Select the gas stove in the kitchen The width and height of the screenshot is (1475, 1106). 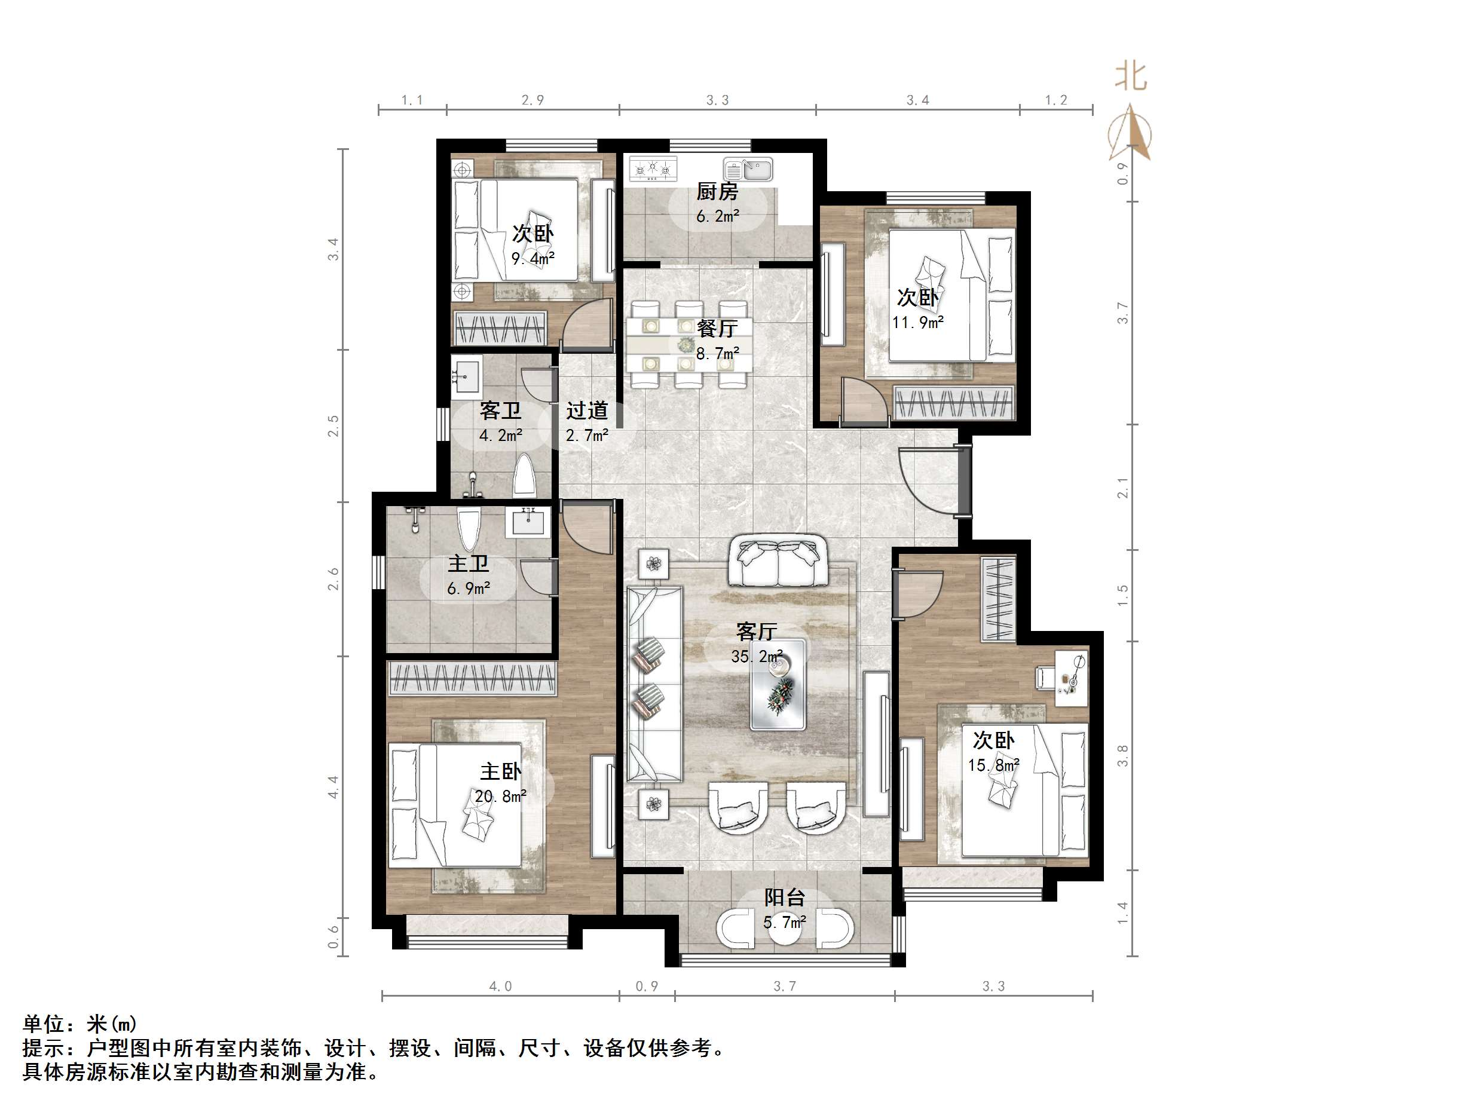(x=653, y=168)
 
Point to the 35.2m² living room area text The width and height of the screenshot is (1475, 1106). (x=756, y=657)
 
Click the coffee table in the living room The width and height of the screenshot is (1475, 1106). (x=778, y=685)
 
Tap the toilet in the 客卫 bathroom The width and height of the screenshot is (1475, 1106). (x=525, y=476)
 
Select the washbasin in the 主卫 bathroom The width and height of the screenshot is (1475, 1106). (x=529, y=522)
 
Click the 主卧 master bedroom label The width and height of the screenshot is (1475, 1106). (x=500, y=771)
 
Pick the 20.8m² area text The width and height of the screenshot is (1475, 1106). (x=500, y=796)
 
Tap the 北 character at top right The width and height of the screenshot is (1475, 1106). (x=1131, y=76)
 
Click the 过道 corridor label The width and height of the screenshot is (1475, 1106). (x=587, y=410)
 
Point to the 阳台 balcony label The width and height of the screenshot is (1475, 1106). (x=784, y=897)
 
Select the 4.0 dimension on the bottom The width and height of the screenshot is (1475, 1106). (x=500, y=986)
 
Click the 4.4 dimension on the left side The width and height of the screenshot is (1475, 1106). (x=333, y=787)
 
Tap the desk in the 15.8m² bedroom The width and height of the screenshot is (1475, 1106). (x=1071, y=679)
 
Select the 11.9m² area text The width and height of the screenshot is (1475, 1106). (x=917, y=323)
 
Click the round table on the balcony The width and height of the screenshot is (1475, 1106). (x=784, y=932)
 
